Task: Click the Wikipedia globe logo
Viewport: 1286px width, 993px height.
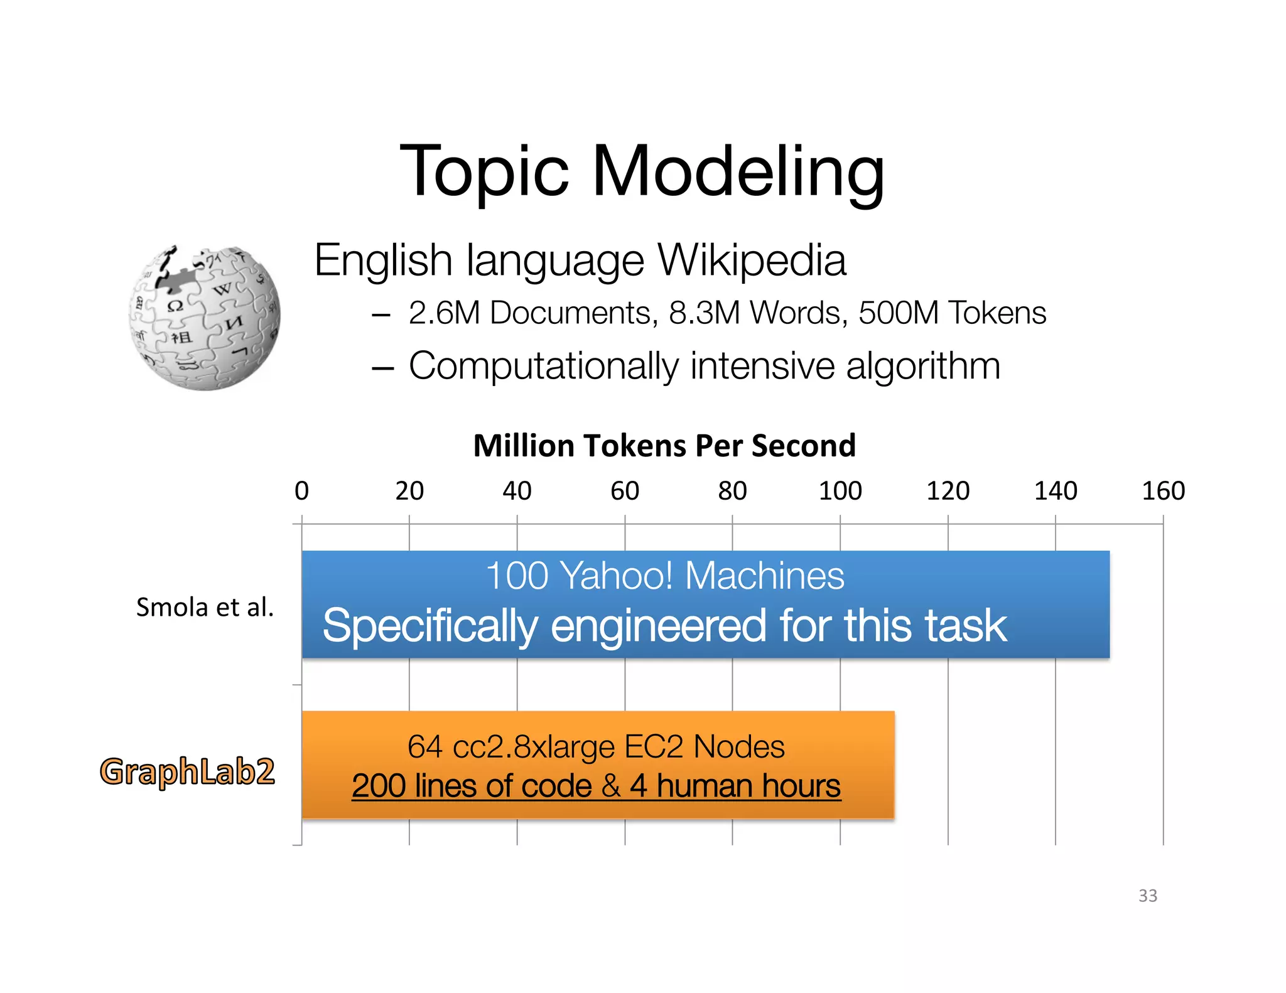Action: pyautogui.click(x=205, y=318)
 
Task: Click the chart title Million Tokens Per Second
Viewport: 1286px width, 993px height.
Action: pyautogui.click(x=664, y=446)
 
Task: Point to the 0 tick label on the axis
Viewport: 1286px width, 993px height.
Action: pyautogui.click(x=302, y=491)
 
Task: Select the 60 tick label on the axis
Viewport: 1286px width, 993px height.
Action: pyautogui.click(x=625, y=491)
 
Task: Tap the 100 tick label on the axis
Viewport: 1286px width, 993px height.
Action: pyautogui.click(x=840, y=491)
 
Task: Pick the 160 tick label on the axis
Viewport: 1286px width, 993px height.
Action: pyautogui.click(x=1163, y=491)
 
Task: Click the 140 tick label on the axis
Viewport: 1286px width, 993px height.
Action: pyautogui.click(x=1056, y=491)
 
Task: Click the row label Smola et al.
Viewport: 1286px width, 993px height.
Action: pyautogui.click(x=205, y=608)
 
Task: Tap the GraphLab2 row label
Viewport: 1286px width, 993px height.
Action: pyautogui.click(x=187, y=771)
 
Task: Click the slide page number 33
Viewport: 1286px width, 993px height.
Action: pyautogui.click(x=1148, y=896)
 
